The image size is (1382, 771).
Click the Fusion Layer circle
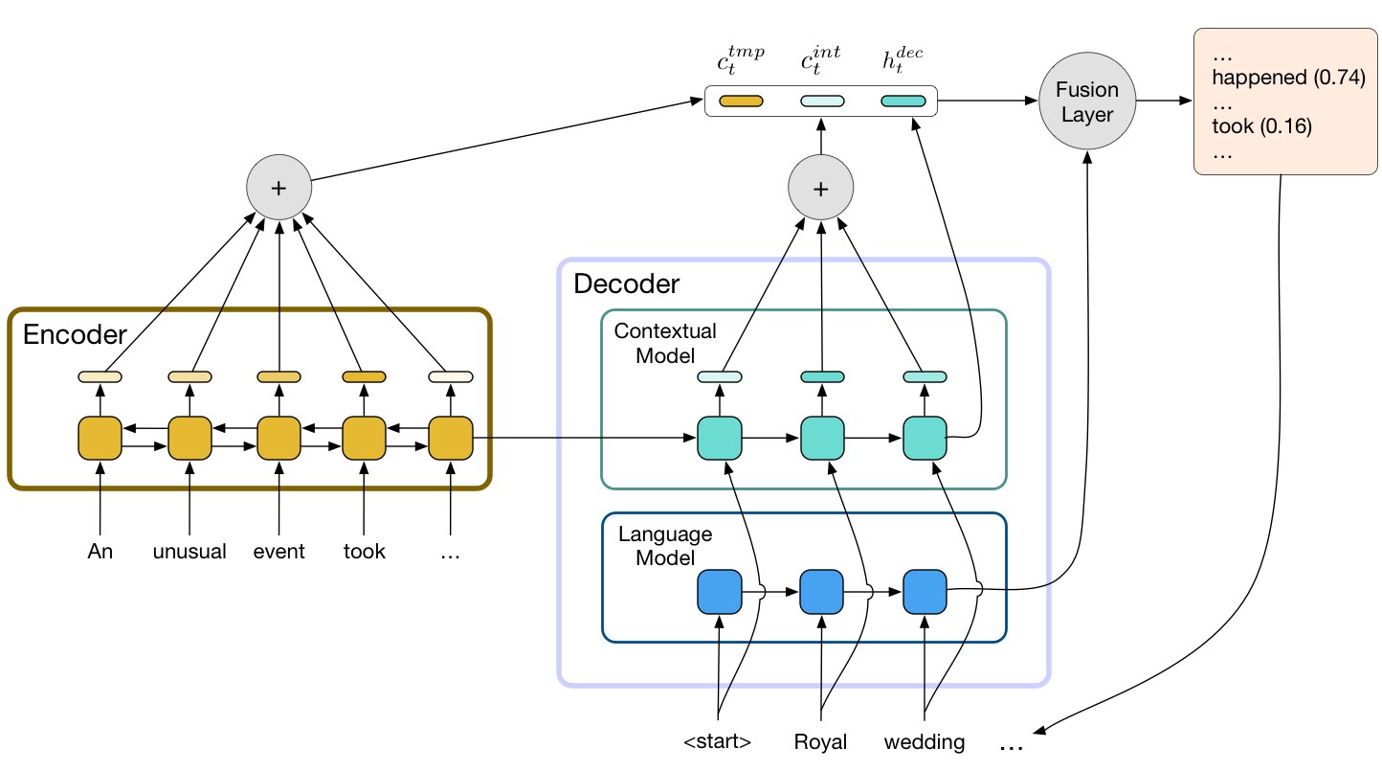click(1087, 101)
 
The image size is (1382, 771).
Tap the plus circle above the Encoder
click(279, 187)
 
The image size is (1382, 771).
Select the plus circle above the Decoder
click(820, 187)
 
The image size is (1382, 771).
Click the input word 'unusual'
click(189, 551)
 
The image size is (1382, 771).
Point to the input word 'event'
click(279, 551)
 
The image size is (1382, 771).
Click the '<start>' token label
click(718, 740)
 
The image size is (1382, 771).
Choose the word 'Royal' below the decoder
click(820, 741)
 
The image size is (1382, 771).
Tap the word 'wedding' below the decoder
click(925, 741)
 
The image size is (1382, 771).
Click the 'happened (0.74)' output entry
click(1289, 78)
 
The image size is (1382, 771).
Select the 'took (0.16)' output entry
click(1261, 125)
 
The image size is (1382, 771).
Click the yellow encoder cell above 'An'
click(100, 439)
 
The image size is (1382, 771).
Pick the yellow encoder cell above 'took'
click(364, 439)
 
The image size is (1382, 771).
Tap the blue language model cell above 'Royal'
click(821, 592)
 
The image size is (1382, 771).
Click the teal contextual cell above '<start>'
click(720, 439)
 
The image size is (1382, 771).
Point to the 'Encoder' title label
click(75, 334)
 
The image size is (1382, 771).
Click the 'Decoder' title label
click(626, 283)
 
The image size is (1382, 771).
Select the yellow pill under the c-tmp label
click(741, 102)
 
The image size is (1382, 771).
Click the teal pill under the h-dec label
click(903, 102)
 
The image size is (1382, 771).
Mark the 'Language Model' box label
click(665, 546)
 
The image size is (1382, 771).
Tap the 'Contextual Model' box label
click(665, 343)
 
